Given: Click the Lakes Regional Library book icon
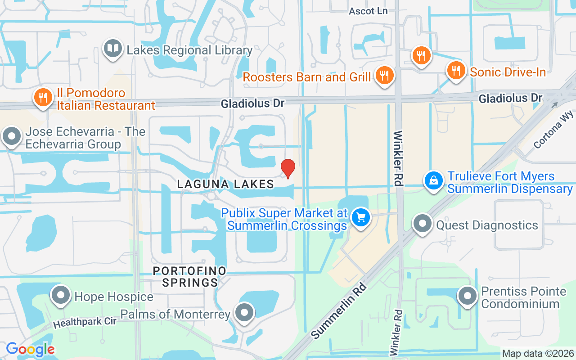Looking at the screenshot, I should click(112, 49).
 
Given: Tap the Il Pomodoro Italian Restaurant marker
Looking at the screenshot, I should click(43, 98).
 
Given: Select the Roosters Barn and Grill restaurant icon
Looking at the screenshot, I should click(384, 75).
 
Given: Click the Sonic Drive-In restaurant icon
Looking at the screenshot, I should click(456, 71).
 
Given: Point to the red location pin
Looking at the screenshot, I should click(288, 169).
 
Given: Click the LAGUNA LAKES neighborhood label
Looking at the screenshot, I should click(225, 184).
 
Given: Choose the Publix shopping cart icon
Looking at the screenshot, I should click(360, 218).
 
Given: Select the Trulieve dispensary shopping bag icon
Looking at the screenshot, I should click(434, 181).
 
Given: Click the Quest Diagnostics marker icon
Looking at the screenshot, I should click(423, 224).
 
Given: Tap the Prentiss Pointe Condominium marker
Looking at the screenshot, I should click(468, 296).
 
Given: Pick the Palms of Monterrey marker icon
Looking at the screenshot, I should click(244, 311).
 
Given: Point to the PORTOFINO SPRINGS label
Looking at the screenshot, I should click(189, 276).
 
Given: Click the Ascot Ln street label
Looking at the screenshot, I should click(368, 11).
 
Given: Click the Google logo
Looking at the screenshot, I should click(30, 349).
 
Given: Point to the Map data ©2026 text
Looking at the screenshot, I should click(538, 354).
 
